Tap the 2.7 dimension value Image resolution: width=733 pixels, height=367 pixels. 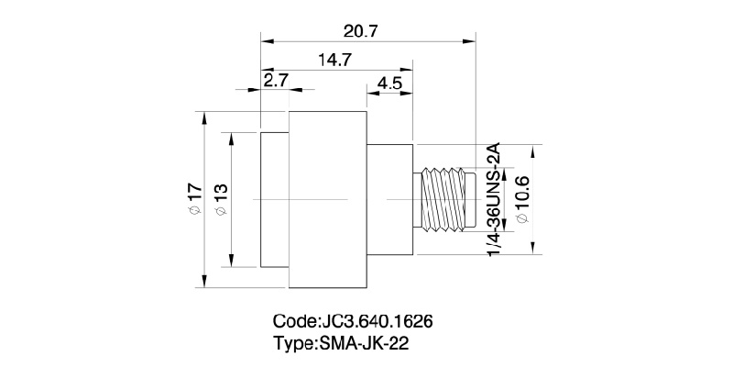point(276,80)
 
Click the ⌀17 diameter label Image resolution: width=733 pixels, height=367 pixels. point(193,199)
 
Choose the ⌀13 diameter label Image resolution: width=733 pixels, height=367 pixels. point(220,200)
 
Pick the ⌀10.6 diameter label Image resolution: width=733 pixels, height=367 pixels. point(521,199)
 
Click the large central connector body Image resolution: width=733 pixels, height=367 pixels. point(328,199)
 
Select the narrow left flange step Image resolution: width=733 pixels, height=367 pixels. point(275,199)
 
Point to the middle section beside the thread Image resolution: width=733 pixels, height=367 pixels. point(391,199)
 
